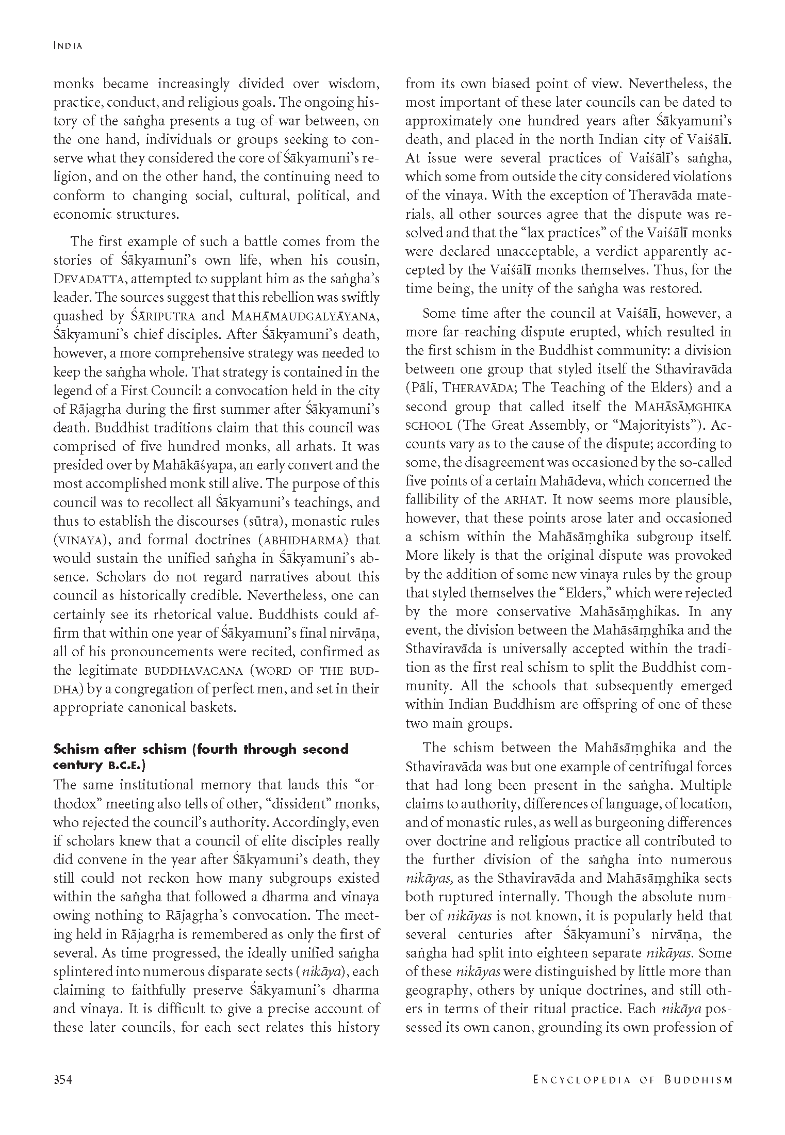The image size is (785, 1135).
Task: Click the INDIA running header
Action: click(x=68, y=46)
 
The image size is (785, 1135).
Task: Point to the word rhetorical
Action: click(x=179, y=614)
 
